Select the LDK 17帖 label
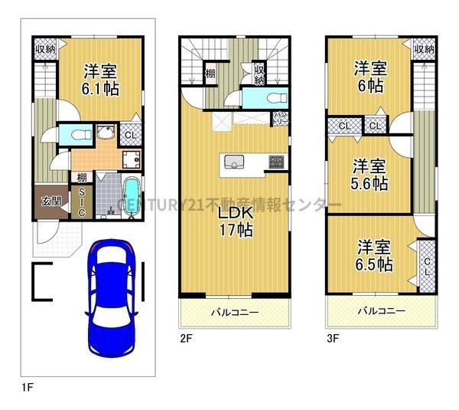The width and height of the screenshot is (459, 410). click(x=235, y=219)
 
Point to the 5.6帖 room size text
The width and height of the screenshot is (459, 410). click(x=370, y=175)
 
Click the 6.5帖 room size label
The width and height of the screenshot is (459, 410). click(x=375, y=256)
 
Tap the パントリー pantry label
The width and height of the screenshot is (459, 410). click(x=281, y=119)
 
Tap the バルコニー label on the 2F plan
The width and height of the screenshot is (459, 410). click(x=234, y=312)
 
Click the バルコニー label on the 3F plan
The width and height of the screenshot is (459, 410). click(x=380, y=312)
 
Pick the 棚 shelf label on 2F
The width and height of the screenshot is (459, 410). click(x=210, y=74)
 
